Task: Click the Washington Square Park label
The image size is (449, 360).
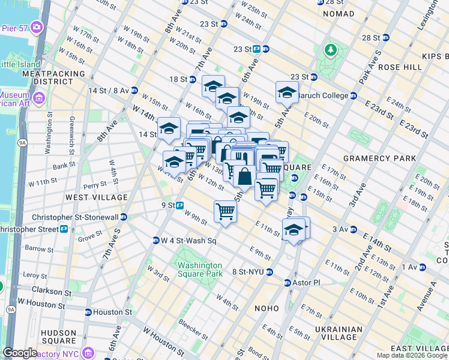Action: [199, 269]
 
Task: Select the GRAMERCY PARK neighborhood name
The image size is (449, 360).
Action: [379, 158]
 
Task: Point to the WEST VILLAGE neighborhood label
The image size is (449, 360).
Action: [96, 197]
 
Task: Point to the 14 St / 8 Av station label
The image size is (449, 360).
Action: [109, 90]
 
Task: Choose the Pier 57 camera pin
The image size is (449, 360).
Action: [37, 27]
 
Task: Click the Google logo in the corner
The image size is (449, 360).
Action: [20, 353]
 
